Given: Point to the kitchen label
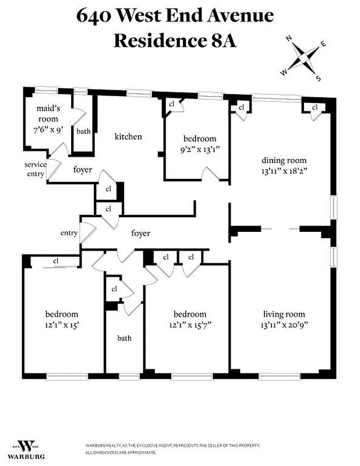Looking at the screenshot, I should coord(128,137).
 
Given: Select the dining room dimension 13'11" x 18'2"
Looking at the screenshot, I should coord(284,171).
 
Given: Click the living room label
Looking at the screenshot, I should coord(284,315).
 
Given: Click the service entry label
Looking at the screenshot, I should coord(35,169).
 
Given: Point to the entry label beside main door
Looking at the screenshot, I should coord(69,233).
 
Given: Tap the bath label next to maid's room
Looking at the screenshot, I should coord(83,131).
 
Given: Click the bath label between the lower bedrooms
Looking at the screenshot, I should coord(125,337).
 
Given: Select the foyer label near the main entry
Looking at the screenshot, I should coord(140,233).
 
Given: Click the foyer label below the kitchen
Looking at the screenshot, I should coord(83,171).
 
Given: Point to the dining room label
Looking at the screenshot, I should coord(284,161).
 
